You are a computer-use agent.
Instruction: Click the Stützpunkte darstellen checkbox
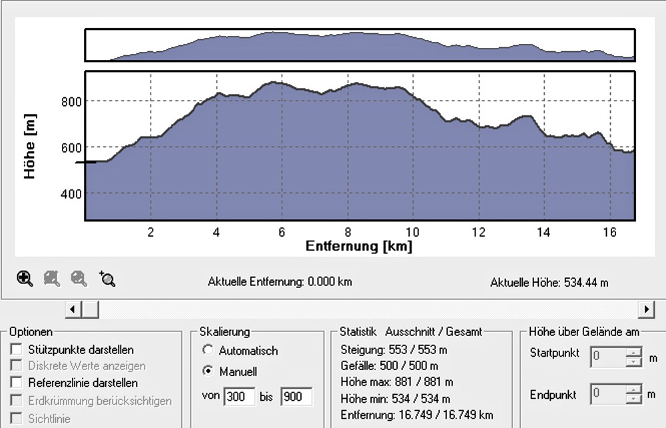pyautogui.click(x=17, y=349)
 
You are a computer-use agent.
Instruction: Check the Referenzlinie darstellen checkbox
pyautogui.click(x=17, y=382)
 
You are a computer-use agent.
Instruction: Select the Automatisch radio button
pyautogui.click(x=208, y=350)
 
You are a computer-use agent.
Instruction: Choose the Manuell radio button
pyautogui.click(x=208, y=371)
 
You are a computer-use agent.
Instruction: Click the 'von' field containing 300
pyautogui.click(x=239, y=397)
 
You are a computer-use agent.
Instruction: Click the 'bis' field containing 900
pyautogui.click(x=296, y=397)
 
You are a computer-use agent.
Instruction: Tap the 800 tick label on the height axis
pyautogui.click(x=71, y=102)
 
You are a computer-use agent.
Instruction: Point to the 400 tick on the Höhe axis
pyautogui.click(x=71, y=194)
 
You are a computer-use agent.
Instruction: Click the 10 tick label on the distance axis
pyautogui.click(x=412, y=232)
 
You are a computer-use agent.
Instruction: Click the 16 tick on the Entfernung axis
pyautogui.click(x=609, y=232)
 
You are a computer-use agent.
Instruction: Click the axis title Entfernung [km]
pyautogui.click(x=359, y=246)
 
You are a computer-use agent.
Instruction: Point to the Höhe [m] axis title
pyautogui.click(x=30, y=146)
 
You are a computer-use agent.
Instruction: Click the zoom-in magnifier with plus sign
pyautogui.click(x=25, y=279)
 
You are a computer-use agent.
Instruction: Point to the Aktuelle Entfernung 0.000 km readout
pyautogui.click(x=280, y=282)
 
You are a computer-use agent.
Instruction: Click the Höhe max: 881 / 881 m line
pyautogui.click(x=396, y=382)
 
